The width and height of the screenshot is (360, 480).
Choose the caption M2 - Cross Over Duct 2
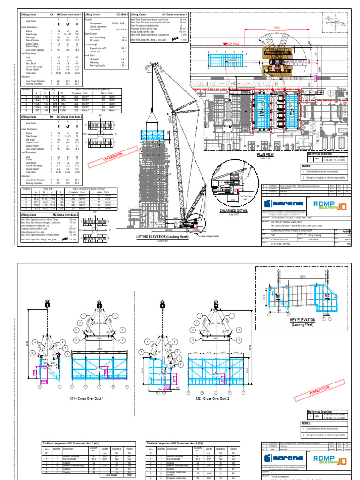tap(213, 398)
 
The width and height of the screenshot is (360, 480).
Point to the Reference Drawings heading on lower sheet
tap(322, 412)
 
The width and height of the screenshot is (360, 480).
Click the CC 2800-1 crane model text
tap(122, 15)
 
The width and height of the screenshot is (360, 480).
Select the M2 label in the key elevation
tap(327, 296)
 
